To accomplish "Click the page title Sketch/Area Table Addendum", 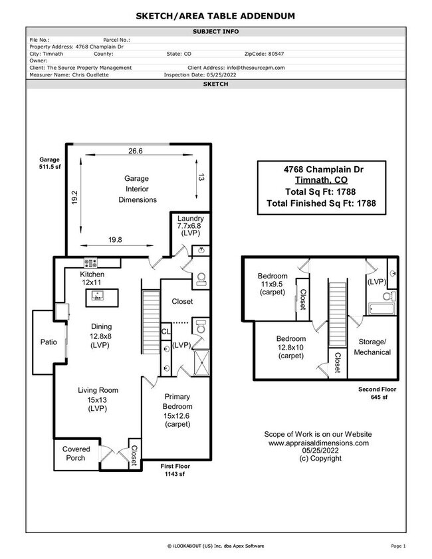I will tap(216, 15).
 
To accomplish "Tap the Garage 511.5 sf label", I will tap(50, 164).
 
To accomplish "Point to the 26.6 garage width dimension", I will tap(136, 152).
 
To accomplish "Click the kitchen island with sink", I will tap(97, 298).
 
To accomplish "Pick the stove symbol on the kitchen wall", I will tap(90, 262).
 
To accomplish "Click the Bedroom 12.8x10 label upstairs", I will tap(291, 346).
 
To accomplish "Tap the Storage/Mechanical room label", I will tap(372, 347).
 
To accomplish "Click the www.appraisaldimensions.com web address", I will tap(318, 442).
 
